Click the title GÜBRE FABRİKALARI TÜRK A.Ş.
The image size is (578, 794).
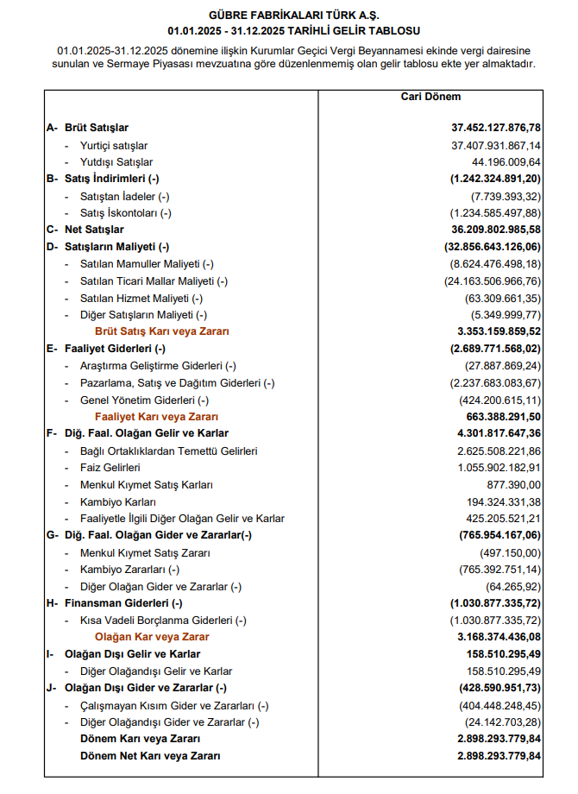click(x=289, y=15)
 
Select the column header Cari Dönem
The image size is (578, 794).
click(x=431, y=98)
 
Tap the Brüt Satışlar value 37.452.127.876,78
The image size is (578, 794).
click(x=496, y=128)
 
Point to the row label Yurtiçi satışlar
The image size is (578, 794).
click(x=114, y=145)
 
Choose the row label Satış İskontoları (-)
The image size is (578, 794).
click(x=126, y=212)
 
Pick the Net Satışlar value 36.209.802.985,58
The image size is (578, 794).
click(x=496, y=230)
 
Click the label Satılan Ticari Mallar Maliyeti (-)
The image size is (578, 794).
click(x=154, y=280)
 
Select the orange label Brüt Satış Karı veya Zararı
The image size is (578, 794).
click(x=162, y=331)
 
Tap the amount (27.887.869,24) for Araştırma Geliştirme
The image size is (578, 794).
click(x=499, y=365)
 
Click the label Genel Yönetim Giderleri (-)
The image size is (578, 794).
click(x=144, y=400)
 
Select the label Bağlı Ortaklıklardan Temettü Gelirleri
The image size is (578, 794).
click(x=168, y=450)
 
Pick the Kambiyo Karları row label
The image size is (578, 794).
click(x=118, y=501)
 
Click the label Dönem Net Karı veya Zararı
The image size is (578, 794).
click(x=149, y=755)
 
